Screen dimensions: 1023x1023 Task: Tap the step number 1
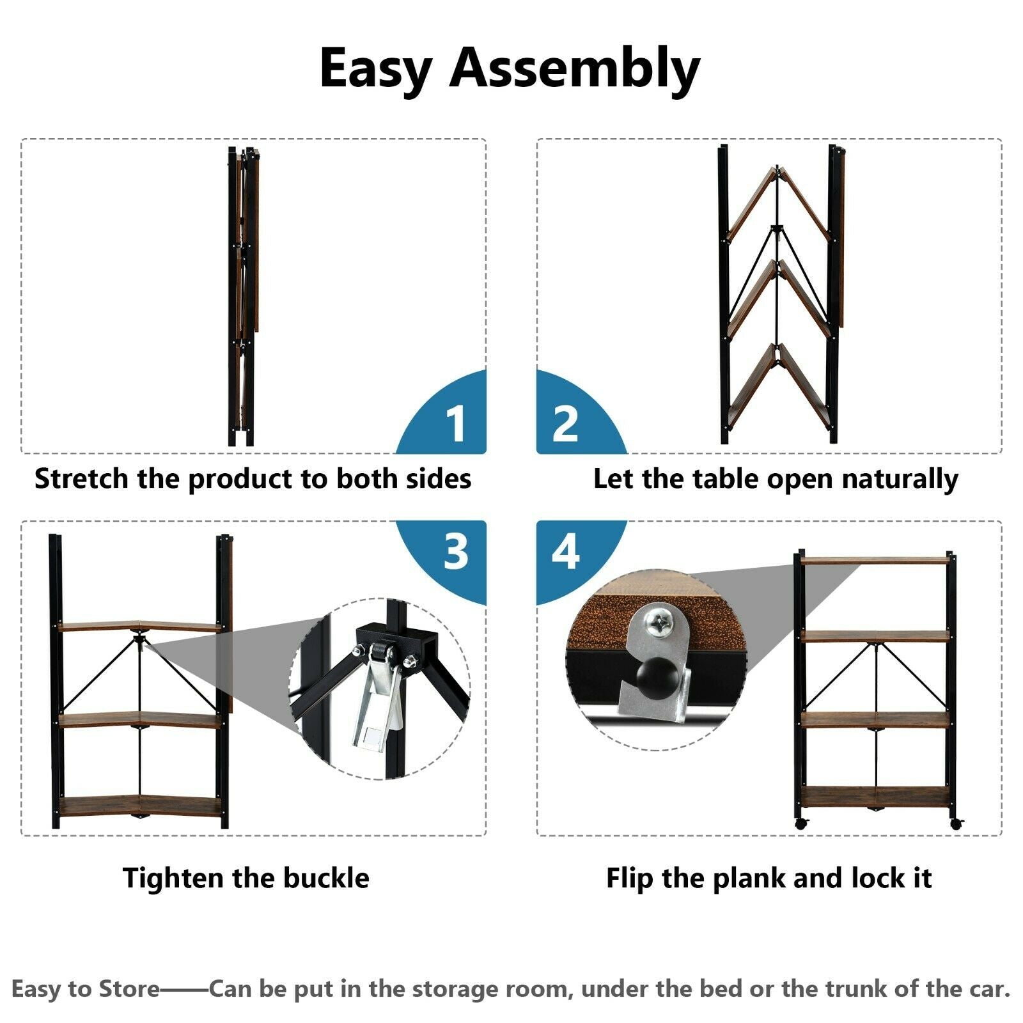point(455,423)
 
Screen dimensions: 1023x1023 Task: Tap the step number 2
point(565,423)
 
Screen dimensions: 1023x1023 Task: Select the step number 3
point(456,551)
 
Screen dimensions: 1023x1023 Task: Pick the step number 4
point(566,551)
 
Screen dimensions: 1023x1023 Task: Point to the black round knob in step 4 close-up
point(655,675)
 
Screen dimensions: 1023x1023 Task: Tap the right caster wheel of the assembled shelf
point(956,824)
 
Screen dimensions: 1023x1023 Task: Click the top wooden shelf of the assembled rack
point(875,561)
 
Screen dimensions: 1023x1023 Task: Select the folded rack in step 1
point(243,296)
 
